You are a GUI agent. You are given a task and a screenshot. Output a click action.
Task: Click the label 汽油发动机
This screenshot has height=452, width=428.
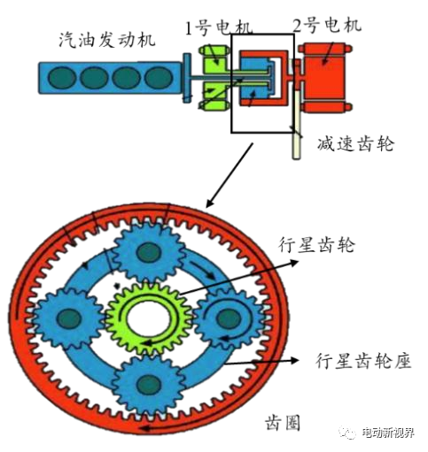[x=107, y=40]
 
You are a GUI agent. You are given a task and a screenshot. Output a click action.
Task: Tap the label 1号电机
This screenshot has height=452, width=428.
[x=219, y=27]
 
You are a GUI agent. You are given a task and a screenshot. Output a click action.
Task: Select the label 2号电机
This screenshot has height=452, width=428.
[x=327, y=25]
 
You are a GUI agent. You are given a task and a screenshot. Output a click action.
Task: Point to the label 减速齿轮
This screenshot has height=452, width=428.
[x=356, y=144]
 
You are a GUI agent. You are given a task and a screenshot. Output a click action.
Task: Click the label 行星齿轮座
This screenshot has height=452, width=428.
[x=363, y=360]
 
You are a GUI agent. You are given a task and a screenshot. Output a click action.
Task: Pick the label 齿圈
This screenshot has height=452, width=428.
[x=283, y=423]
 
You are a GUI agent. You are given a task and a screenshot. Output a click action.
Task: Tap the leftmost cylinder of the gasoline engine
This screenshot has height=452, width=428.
[x=62, y=78]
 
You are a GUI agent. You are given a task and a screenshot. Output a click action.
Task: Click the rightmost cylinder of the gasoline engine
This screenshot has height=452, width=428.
[x=159, y=78]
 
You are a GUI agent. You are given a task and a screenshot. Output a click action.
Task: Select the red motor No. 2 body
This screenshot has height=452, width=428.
[x=324, y=78]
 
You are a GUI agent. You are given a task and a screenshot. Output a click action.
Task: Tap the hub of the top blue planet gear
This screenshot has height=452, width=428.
[x=149, y=253]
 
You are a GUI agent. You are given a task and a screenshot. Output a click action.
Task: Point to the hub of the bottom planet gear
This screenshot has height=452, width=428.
[x=149, y=384]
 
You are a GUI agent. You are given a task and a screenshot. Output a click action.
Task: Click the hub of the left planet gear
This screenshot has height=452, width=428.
[x=69, y=318]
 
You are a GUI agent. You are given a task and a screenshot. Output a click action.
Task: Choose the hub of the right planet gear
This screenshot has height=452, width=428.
[x=229, y=318]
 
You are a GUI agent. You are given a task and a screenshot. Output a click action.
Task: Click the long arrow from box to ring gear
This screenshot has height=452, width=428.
[x=230, y=175]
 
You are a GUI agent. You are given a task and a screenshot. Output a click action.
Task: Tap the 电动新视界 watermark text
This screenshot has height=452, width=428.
[x=388, y=433]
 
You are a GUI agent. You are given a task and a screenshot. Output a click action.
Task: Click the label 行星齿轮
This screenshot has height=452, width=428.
[x=316, y=245]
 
